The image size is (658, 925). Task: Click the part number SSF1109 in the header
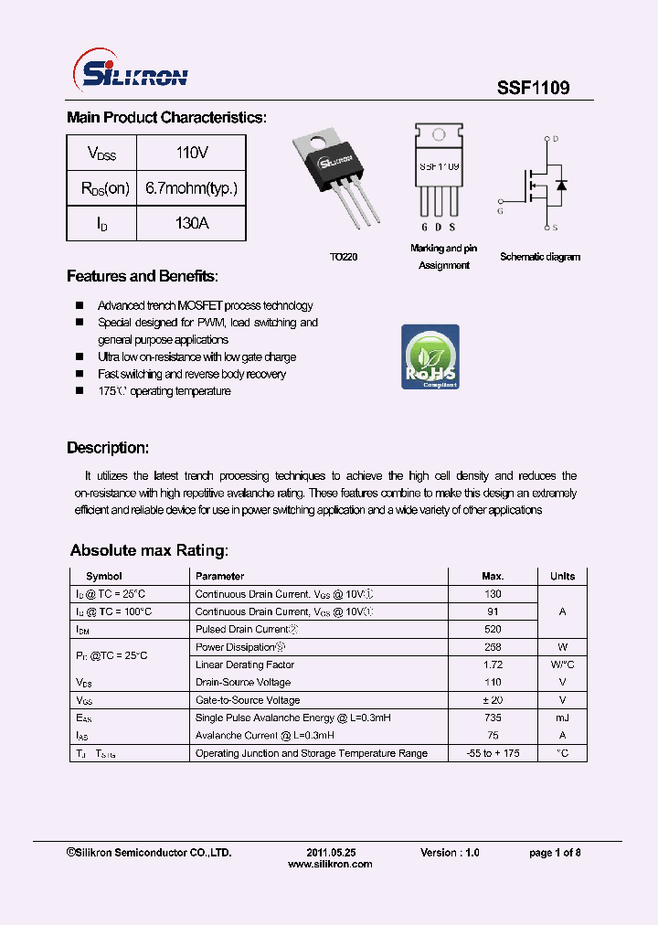tap(533, 88)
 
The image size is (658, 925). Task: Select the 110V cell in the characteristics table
tap(192, 153)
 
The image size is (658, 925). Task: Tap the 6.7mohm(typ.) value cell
tap(192, 188)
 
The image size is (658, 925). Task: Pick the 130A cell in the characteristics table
tap(192, 223)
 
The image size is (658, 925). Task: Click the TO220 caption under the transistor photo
tap(344, 258)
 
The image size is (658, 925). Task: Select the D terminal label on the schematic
tap(555, 139)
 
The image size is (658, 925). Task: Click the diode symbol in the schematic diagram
tap(561, 185)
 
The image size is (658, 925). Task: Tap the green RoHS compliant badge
tap(430, 356)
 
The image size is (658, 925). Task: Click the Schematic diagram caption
tap(539, 257)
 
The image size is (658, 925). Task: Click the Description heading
tap(107, 448)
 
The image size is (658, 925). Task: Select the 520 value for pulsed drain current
tap(493, 629)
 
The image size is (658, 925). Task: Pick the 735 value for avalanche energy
tap(493, 718)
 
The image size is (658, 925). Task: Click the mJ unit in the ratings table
tap(562, 718)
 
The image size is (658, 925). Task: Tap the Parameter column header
tap(219, 576)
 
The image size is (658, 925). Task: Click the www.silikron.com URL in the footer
tap(330, 864)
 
